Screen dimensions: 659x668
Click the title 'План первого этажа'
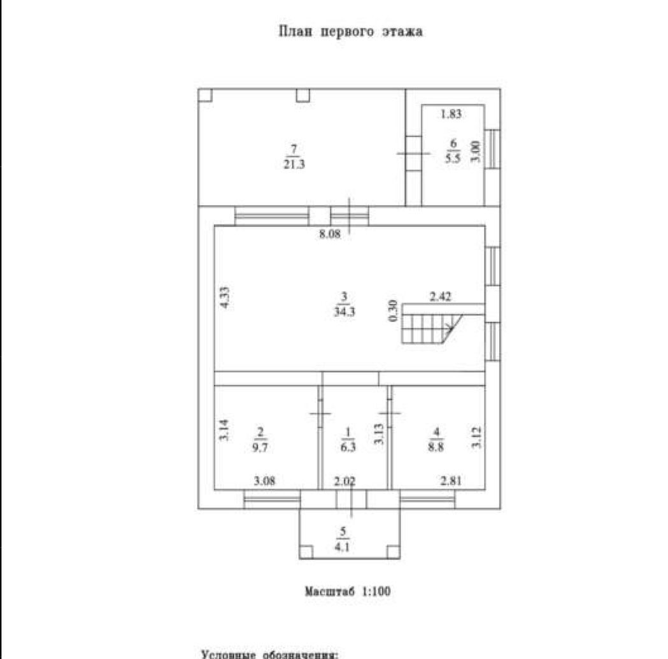click(x=351, y=31)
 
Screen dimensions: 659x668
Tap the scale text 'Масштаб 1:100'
click(x=347, y=591)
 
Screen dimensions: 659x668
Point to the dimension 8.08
click(x=330, y=234)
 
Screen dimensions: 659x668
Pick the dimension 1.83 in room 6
click(x=451, y=115)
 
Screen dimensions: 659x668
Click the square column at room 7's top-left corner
click(x=205, y=95)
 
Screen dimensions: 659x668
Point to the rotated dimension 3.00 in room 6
click(x=475, y=153)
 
